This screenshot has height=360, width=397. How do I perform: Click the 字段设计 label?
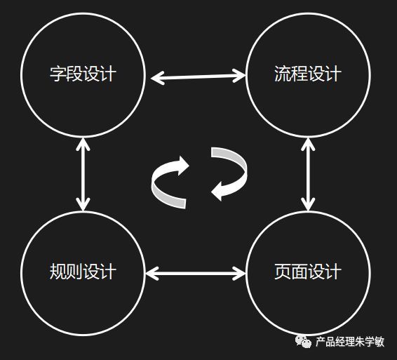click(x=83, y=74)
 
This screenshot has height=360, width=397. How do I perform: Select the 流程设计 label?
click(x=308, y=74)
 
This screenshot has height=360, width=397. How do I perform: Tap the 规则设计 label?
click(x=83, y=272)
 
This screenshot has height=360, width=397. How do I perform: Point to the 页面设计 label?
click(x=308, y=272)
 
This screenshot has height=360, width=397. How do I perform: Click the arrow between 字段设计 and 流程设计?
click(x=198, y=76)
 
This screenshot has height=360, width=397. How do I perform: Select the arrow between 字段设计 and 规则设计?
click(x=83, y=174)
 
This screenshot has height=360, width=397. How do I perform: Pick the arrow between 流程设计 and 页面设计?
click(x=308, y=174)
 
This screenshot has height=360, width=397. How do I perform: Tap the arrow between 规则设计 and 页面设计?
click(x=196, y=274)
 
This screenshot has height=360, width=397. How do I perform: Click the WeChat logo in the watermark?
click(x=303, y=341)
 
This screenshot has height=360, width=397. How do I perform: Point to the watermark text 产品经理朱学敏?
click(x=350, y=342)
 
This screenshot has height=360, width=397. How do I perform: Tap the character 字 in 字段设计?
click(x=58, y=74)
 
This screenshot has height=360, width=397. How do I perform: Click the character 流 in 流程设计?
click(x=283, y=74)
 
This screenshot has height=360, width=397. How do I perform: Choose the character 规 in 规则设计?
click(x=58, y=272)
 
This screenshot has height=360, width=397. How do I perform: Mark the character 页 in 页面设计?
click(x=283, y=272)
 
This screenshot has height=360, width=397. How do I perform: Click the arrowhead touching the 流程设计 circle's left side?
click(x=240, y=76)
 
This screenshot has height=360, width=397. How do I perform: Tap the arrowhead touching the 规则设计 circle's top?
click(x=83, y=204)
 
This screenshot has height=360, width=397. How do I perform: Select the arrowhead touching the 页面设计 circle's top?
click(x=308, y=204)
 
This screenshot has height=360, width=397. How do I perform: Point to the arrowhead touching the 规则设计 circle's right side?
click(x=152, y=274)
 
